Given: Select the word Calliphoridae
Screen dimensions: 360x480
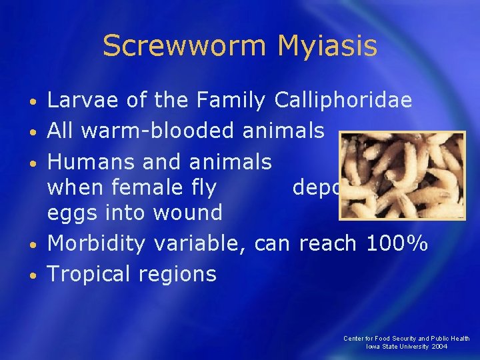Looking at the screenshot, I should click(x=343, y=101).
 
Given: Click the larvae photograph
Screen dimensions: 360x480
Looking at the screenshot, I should click(x=402, y=175).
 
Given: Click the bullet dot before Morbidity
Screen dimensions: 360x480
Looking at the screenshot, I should click(x=34, y=245).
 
